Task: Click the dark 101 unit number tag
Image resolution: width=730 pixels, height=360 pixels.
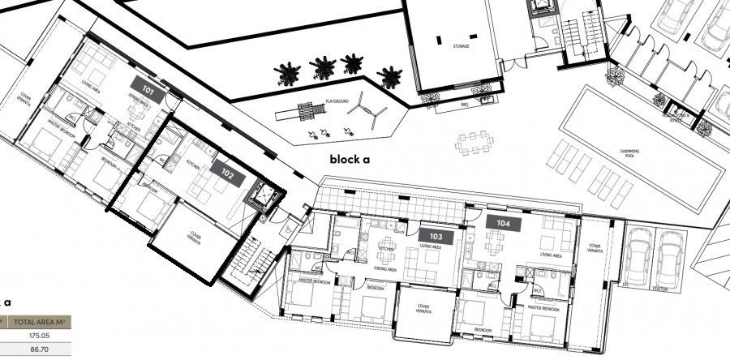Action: tap(148, 90)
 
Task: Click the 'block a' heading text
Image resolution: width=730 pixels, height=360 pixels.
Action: tap(350, 159)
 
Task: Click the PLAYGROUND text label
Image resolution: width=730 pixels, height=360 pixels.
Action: tap(337, 101)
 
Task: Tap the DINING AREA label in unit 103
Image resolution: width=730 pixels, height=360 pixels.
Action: tap(385, 268)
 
